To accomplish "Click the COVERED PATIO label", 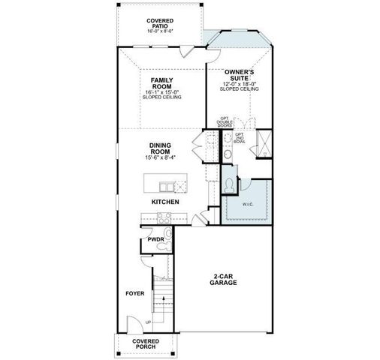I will (x=160, y=22).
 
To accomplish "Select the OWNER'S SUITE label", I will (x=240, y=74).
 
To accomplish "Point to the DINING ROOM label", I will (x=161, y=148).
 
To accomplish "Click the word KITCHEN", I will (x=164, y=202).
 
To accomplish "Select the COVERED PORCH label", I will (x=146, y=344).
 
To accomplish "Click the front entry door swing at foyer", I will (x=133, y=325).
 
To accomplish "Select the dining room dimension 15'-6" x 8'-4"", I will (x=161, y=158).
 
